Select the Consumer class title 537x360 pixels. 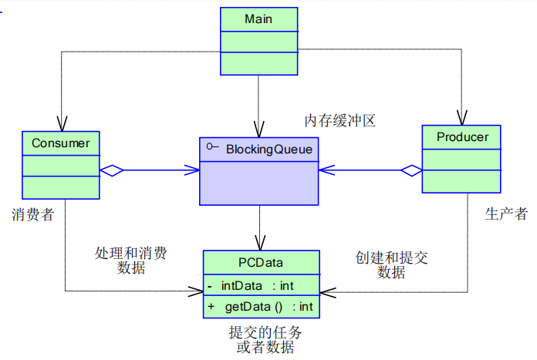pos(60,143)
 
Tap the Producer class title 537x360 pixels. pos(461,137)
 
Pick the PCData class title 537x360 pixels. pos(261,263)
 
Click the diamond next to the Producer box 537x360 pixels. pos(410,170)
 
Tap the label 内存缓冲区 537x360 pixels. pos(339,121)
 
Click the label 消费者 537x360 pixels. pos(32,214)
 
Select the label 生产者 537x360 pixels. pos(506,214)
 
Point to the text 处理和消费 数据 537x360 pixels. pos(130,261)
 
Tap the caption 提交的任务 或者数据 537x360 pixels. pos(265,340)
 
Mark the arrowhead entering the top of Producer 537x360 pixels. pos(461,119)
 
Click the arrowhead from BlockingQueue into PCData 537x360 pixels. pos(259,244)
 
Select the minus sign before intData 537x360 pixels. pos(210,285)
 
